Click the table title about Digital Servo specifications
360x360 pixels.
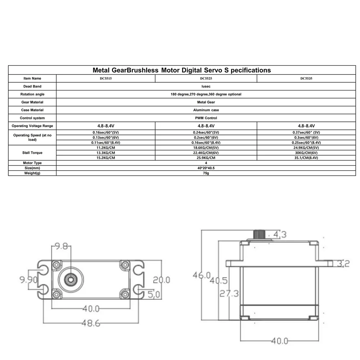(x=181, y=70)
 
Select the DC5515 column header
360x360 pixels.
(x=106, y=78)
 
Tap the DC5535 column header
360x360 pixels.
(x=306, y=78)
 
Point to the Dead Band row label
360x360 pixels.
(x=32, y=86)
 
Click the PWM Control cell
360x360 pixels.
(x=206, y=118)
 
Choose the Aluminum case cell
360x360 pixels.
(x=206, y=110)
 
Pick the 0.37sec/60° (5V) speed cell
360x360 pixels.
(x=306, y=132)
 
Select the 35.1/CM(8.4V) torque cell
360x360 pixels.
(x=306, y=158)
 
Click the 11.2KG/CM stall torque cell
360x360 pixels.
(x=106, y=148)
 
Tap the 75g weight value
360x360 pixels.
(x=206, y=174)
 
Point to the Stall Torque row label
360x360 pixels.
(x=32, y=153)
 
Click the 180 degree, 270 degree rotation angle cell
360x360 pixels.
(x=206, y=94)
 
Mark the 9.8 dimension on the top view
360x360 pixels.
(x=61, y=247)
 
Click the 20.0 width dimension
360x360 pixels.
(x=162, y=280)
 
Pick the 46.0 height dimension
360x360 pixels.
(x=201, y=275)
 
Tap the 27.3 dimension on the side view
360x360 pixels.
(x=229, y=294)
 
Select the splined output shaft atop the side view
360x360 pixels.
(x=260, y=234)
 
